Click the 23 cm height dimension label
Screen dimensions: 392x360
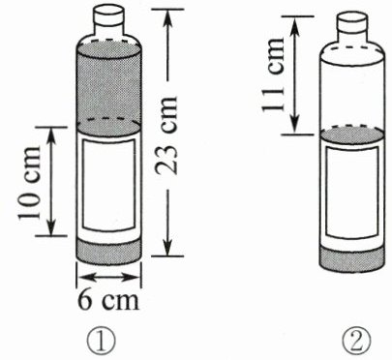167,135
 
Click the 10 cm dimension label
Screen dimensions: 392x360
29,183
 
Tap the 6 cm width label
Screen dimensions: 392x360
108,300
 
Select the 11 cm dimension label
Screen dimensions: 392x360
273,75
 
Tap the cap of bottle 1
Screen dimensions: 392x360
108,15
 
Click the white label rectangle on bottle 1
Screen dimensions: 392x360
108,185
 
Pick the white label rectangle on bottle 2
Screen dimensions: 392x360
352,193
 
